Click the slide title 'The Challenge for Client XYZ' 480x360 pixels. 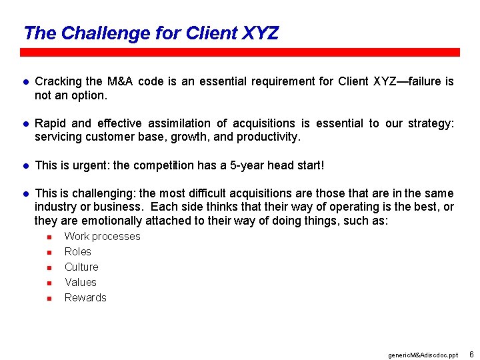151,33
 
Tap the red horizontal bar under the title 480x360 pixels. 240,52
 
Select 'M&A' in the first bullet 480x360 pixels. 121,81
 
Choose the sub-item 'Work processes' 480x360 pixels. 102,236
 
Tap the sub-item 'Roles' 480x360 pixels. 77,251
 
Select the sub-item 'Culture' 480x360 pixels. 81,267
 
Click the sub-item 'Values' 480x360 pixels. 80,282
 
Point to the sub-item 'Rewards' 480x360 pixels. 85,297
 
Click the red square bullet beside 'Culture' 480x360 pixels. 49,267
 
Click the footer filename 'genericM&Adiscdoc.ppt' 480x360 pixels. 423,355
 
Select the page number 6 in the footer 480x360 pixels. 471,353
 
